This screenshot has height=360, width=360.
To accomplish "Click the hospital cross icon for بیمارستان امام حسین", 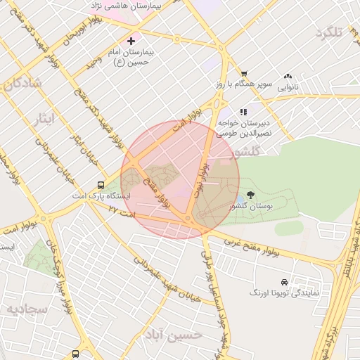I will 131,41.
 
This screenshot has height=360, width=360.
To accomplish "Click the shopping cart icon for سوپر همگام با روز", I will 244,74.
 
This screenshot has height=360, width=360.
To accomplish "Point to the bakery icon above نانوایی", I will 288,77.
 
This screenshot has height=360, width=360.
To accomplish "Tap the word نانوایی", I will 288,88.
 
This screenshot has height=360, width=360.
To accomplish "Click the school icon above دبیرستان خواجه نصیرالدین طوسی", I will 243,112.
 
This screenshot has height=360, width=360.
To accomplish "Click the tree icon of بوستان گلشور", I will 251,195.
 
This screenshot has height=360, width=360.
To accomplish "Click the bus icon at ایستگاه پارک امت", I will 102,186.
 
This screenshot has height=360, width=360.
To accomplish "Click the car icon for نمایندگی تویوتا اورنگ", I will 283,281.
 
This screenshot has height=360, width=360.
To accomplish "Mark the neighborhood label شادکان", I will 22,84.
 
